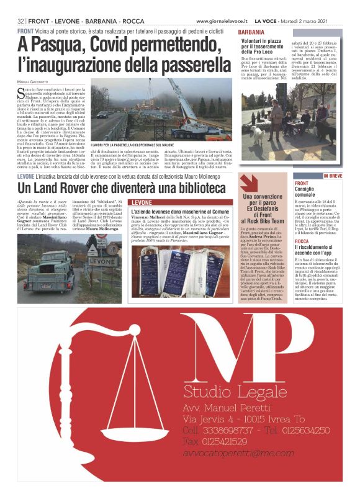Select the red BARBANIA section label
[251, 31]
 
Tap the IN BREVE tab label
[332, 176]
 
